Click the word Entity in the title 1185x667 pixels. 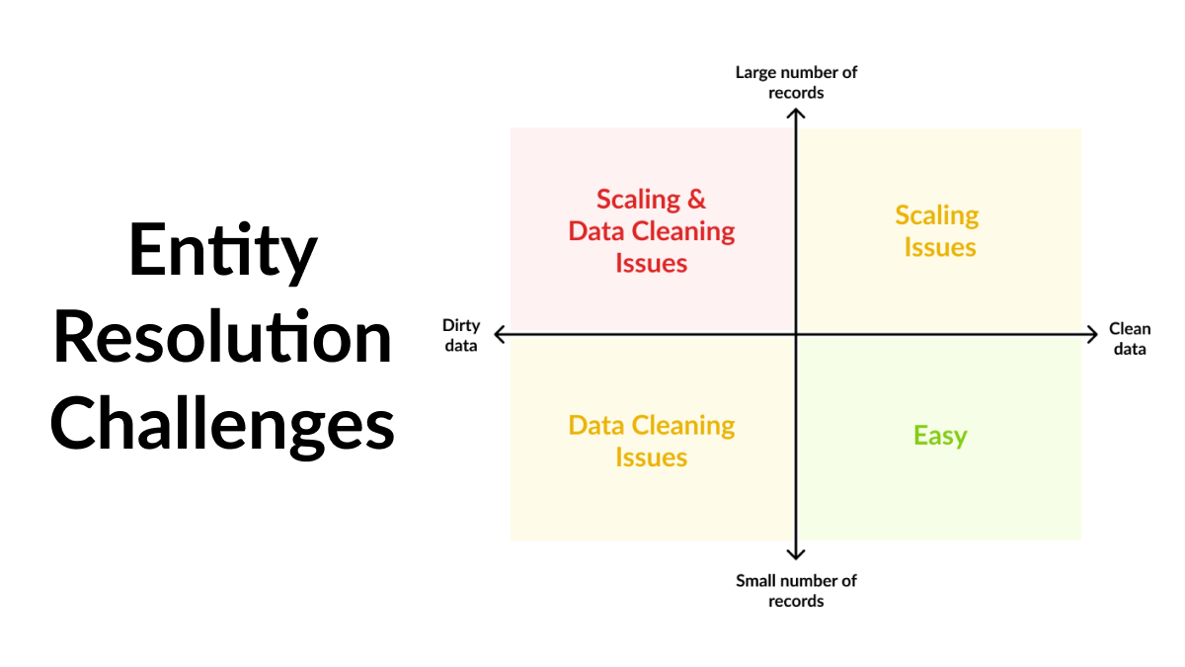click(223, 251)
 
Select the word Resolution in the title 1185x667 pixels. click(222, 336)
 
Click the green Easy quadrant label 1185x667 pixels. click(940, 437)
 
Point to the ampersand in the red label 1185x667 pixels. click(696, 200)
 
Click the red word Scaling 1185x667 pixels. click(638, 201)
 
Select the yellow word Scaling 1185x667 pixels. click(937, 216)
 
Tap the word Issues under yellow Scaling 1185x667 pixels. click(940, 247)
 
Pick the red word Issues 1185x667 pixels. click(651, 263)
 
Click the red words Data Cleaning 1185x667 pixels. click(651, 232)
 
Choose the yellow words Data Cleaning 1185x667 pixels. click(651, 427)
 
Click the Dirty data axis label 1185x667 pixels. click(461, 335)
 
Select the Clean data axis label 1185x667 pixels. click(1130, 339)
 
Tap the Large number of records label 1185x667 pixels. click(796, 83)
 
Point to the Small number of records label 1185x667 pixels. click(796, 591)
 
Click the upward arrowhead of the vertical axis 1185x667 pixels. click(796, 110)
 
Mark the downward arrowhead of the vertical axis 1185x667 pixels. click(796, 558)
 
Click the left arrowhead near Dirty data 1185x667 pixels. click(496, 334)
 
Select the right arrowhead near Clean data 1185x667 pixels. click(1096, 334)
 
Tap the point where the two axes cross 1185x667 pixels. click(796, 334)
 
